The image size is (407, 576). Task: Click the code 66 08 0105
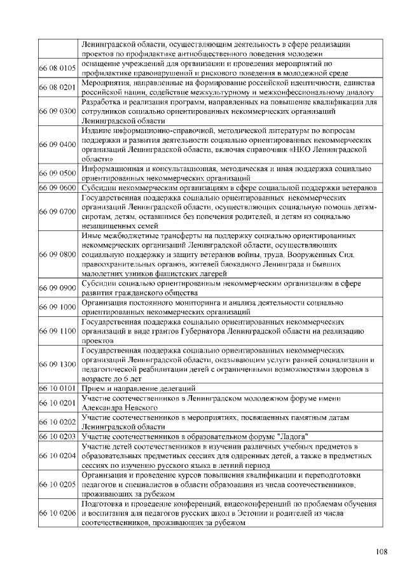click(x=58, y=67)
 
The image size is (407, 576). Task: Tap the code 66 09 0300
click(x=58, y=111)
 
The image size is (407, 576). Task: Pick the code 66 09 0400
click(x=58, y=144)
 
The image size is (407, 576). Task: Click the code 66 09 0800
click(x=58, y=255)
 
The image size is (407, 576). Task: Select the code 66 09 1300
click(x=58, y=364)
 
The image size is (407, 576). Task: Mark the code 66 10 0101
click(x=58, y=388)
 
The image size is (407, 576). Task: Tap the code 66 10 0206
click(x=58, y=513)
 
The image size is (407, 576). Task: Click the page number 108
click(x=382, y=551)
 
